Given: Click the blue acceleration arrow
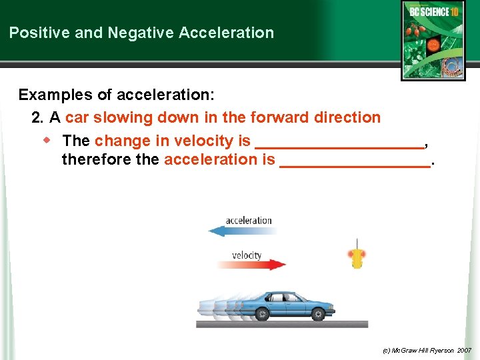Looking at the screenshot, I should [239, 231].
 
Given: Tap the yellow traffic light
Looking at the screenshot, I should [357, 257].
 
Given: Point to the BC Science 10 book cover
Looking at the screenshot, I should [433, 40].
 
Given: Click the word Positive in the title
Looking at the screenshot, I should [36, 33].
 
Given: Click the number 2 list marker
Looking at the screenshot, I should [37, 118].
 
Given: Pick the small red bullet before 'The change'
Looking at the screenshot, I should [47, 140].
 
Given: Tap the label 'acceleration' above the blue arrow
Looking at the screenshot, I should [249, 220].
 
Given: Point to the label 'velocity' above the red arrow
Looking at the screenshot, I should [247, 255].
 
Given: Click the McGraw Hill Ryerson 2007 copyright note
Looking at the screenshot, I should [427, 350].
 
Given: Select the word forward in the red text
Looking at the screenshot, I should [278, 118].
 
